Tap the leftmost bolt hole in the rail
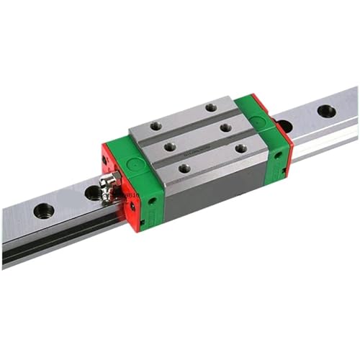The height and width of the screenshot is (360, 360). (43, 211)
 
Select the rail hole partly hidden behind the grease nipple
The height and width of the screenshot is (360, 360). (93, 192)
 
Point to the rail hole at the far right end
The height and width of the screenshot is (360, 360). (326, 111)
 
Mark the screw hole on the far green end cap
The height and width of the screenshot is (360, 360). (277, 154)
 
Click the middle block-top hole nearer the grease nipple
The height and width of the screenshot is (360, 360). (170, 146)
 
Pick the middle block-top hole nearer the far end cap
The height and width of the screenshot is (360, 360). (225, 127)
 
